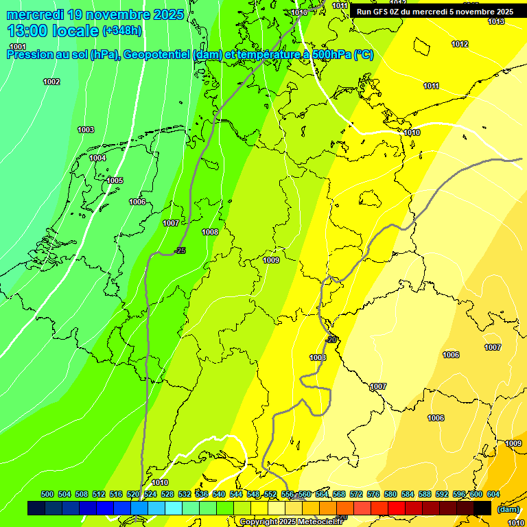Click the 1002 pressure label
51,82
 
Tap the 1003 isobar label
86,130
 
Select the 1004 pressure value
97,159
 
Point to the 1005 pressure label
115,181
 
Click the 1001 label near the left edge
18,47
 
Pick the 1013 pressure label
496,22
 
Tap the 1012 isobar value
460,45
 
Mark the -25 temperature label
180,251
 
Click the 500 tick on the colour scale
47,495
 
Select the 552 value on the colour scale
270,495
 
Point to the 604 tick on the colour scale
493,495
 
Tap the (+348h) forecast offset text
124,32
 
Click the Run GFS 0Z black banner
434,12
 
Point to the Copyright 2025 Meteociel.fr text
292,522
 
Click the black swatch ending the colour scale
482,508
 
